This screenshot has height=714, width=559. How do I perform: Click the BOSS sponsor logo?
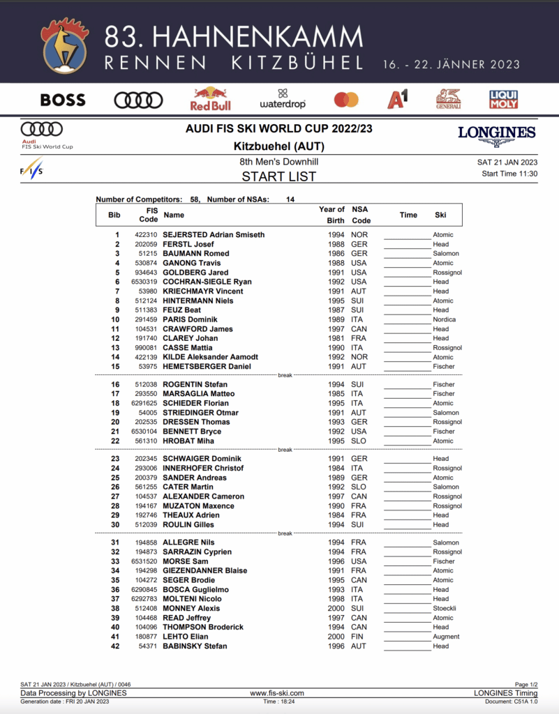[63, 100]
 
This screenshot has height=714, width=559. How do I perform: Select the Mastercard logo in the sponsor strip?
[346, 100]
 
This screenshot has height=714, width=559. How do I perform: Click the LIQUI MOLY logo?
[503, 99]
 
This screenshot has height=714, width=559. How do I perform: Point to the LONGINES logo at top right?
[497, 134]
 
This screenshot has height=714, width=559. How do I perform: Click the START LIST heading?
[279, 176]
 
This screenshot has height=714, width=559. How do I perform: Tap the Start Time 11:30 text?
[509, 174]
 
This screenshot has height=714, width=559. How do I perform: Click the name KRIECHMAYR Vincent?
[203, 291]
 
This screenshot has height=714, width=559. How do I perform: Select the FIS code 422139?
[146, 357]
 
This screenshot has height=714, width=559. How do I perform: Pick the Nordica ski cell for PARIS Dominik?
[444, 319]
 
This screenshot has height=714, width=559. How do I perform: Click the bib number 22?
[115, 441]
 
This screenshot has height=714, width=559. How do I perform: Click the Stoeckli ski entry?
[445, 608]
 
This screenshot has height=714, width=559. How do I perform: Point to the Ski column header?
[440, 215]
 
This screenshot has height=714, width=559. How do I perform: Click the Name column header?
[174, 215]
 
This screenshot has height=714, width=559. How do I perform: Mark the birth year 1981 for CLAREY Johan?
[336, 338]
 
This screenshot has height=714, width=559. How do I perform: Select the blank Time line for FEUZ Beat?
[408, 310]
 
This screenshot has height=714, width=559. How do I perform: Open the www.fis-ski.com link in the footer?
[277, 693]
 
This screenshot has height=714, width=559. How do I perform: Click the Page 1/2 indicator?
[526, 685]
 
